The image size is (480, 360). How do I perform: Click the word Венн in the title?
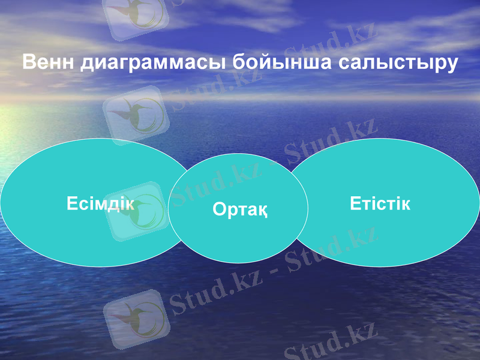click(49, 62)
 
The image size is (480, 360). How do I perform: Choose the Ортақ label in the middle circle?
click(239, 209)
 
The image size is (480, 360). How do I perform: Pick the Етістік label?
click(380, 203)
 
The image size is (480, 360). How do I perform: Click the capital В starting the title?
click(29, 62)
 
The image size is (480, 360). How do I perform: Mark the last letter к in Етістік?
click(406, 203)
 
